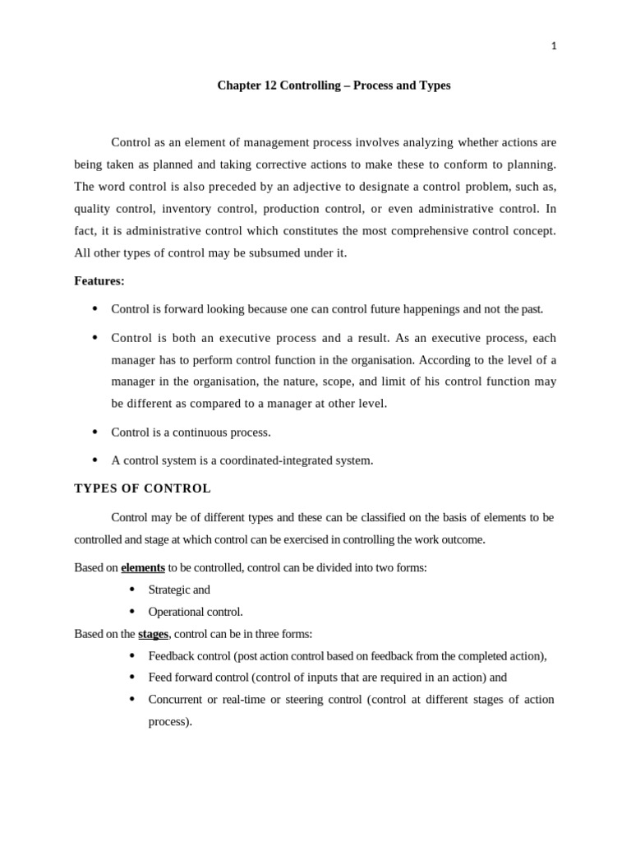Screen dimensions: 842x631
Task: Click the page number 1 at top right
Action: click(554, 46)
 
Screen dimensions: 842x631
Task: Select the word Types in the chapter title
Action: click(435, 86)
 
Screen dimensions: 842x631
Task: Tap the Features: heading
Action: click(99, 281)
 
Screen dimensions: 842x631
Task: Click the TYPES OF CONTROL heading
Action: click(142, 488)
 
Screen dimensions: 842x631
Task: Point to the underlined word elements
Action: click(143, 567)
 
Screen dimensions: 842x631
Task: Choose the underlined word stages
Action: click(153, 634)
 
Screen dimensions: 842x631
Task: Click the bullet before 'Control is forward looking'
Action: click(94, 309)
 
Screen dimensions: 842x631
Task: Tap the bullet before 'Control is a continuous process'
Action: click(94, 432)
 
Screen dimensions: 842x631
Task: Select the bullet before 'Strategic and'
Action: click(131, 590)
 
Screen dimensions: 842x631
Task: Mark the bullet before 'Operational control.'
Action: click(131, 612)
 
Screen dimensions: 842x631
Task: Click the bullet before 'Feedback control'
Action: click(131, 655)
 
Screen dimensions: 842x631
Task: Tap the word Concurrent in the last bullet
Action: click(175, 700)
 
